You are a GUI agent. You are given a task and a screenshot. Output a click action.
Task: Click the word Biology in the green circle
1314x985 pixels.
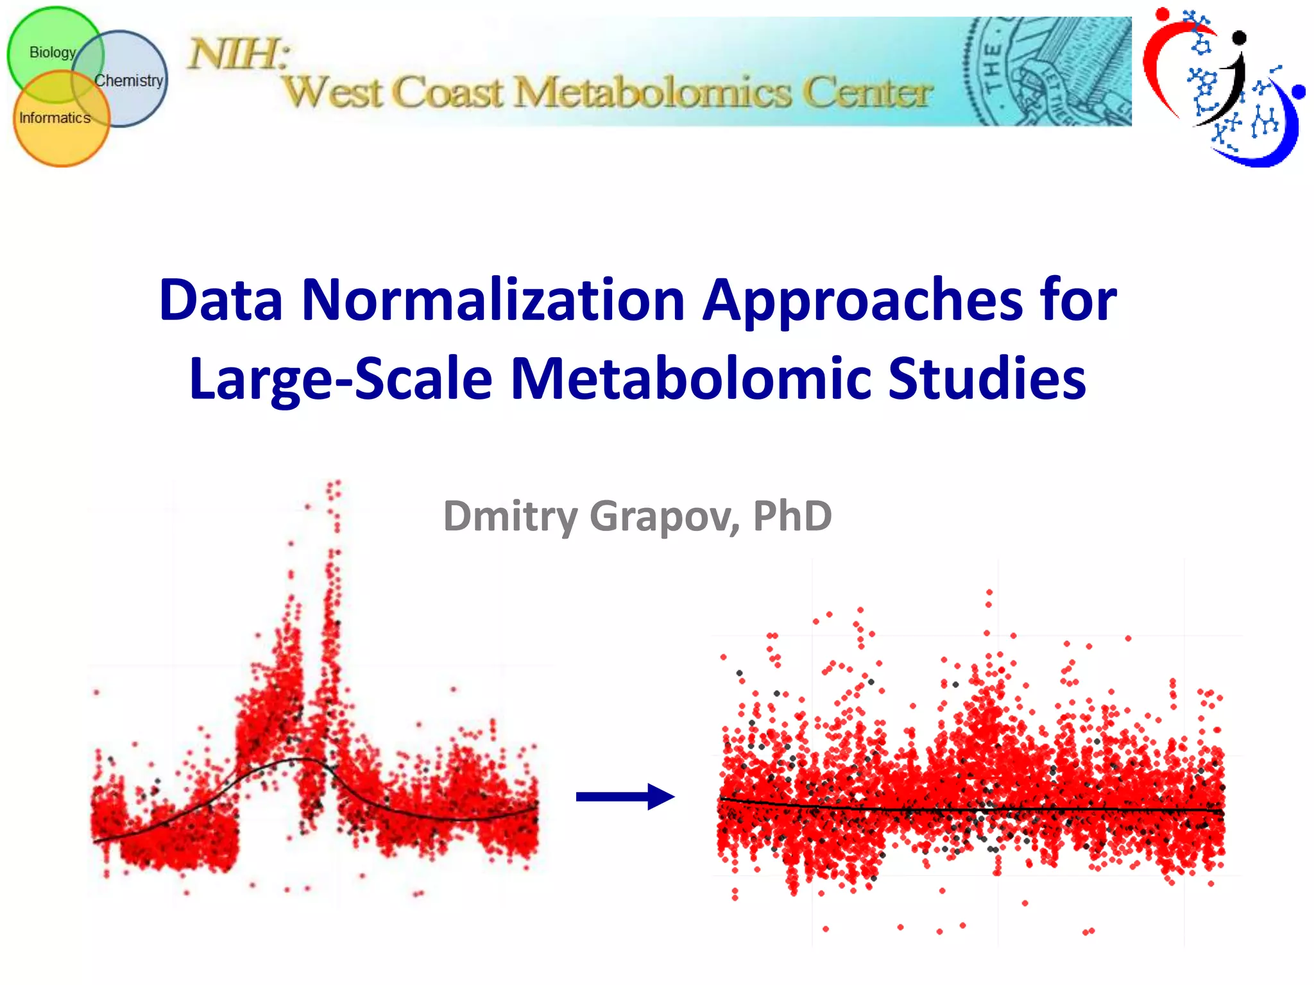click(x=53, y=53)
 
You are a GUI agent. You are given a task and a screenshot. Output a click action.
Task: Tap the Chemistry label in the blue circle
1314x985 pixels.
click(x=128, y=81)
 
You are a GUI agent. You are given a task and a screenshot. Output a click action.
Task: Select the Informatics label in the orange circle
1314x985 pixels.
click(x=55, y=118)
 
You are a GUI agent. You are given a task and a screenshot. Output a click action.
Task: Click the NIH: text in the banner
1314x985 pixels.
click(x=237, y=54)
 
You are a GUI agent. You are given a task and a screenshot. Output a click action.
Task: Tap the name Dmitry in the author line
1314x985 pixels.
click(x=511, y=516)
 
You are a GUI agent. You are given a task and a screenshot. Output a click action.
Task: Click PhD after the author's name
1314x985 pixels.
click(x=792, y=516)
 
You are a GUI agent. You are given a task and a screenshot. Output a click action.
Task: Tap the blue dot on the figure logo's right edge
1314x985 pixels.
click(x=1299, y=92)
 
